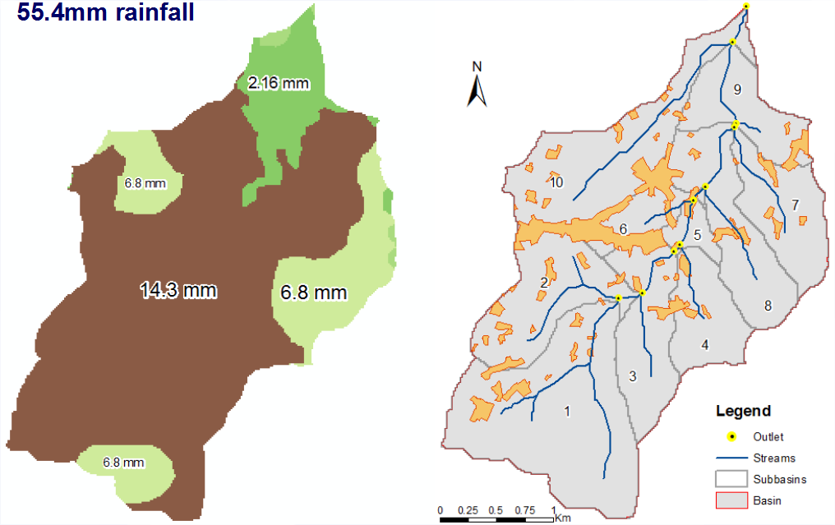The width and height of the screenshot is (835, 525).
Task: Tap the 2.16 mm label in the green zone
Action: pyautogui.click(x=278, y=82)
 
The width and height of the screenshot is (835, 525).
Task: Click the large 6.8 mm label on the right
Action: pyautogui.click(x=314, y=292)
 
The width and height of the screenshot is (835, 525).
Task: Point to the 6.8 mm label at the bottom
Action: pyautogui.click(x=124, y=463)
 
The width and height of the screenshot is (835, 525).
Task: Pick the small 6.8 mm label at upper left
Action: pyautogui.click(x=145, y=183)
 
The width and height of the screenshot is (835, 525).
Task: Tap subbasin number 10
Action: pyautogui.click(x=556, y=182)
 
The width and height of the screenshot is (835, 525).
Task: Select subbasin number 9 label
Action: pyautogui.click(x=737, y=90)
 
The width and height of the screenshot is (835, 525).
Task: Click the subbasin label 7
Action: pyautogui.click(x=795, y=203)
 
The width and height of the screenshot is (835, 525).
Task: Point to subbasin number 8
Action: pyautogui.click(x=768, y=306)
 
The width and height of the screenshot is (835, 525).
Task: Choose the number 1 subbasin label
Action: pyautogui.click(x=566, y=411)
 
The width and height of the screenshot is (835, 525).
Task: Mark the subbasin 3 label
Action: pyautogui.click(x=632, y=377)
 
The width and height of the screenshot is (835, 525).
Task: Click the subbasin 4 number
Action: pyautogui.click(x=704, y=344)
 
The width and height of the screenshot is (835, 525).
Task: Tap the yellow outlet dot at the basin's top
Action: pyautogui.click(x=745, y=7)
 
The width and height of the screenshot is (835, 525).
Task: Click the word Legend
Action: pyautogui.click(x=743, y=411)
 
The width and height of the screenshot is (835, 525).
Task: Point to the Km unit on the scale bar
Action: pyautogui.click(x=563, y=518)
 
